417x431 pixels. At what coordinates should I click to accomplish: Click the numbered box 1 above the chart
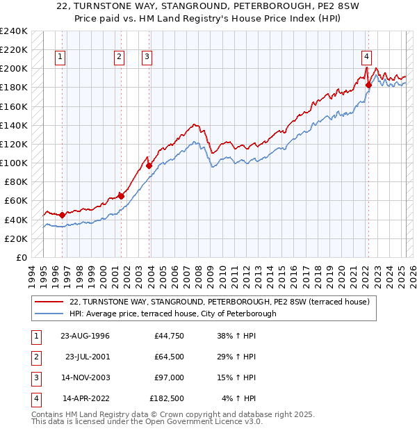pyautogui.click(x=60, y=58)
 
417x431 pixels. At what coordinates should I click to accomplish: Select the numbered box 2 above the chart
pyautogui.click(x=120, y=58)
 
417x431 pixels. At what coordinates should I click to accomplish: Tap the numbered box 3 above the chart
pyautogui.click(x=147, y=58)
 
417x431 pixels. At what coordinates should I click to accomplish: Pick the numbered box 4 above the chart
pyautogui.click(x=366, y=58)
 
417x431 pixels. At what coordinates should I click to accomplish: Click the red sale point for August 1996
pyautogui.click(x=63, y=215)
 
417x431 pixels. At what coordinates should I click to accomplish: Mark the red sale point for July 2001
pyautogui.click(x=121, y=196)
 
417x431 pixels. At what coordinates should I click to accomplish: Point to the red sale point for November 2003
pyautogui.click(x=149, y=165)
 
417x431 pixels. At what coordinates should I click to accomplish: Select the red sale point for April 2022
pyautogui.click(x=368, y=85)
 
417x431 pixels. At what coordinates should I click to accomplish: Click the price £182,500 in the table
pyautogui.click(x=167, y=398)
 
